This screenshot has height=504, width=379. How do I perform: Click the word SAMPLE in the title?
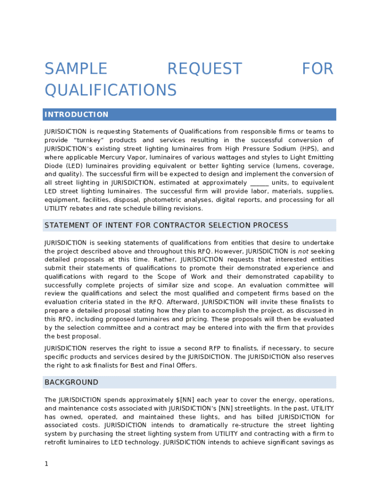[76, 69]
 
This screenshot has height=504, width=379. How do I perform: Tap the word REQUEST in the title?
[205, 69]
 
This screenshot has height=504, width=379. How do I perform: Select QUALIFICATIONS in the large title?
[110, 90]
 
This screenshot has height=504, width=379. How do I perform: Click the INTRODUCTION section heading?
[76, 115]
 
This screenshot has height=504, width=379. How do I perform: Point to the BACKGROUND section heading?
[71, 382]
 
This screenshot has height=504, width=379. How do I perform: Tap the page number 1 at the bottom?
[46, 464]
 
